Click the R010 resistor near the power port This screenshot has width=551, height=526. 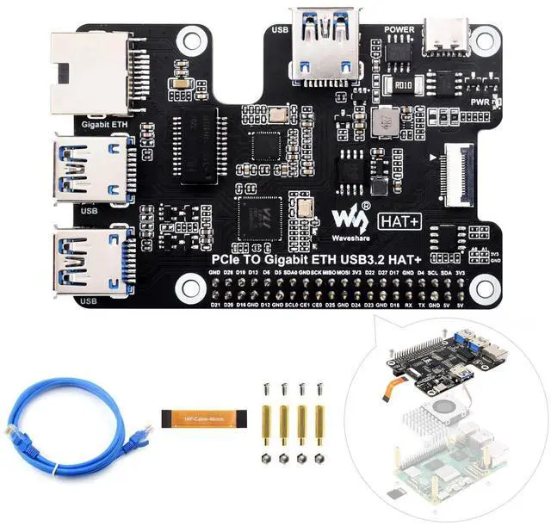(x=402, y=84)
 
